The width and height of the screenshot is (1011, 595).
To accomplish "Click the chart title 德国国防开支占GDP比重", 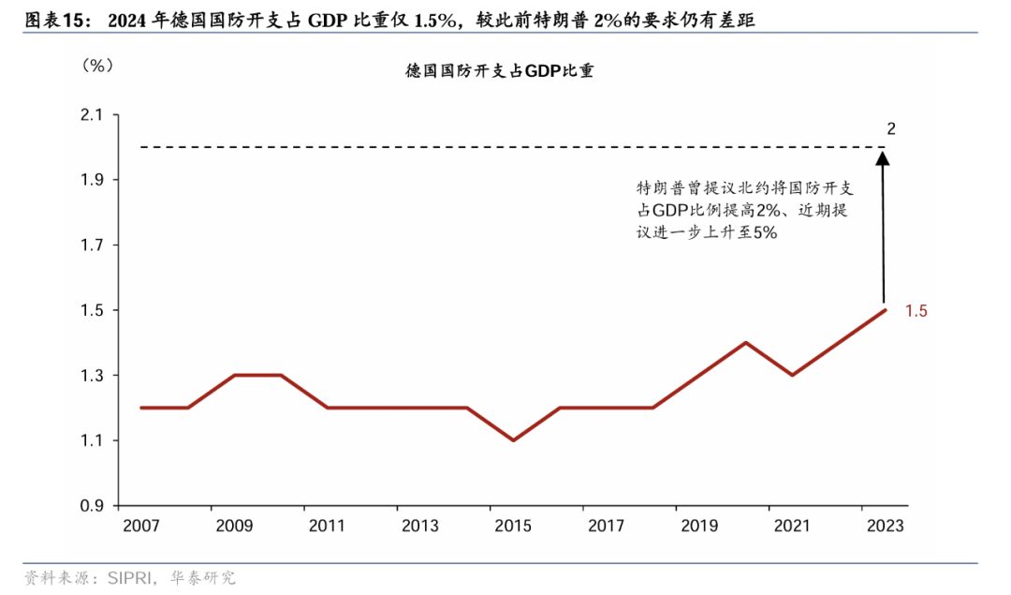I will pyautogui.click(x=499, y=70).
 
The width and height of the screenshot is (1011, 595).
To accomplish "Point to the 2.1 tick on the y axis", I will pyautogui.click(x=92, y=115).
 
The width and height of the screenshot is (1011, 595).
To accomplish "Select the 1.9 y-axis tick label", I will pyautogui.click(x=92, y=180).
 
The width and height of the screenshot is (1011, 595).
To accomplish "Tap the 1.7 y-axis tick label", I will pyautogui.click(x=92, y=245).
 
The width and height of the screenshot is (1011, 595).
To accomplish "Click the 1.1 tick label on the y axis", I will pyautogui.click(x=92, y=440).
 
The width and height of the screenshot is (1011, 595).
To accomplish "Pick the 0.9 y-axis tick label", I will pyautogui.click(x=92, y=506).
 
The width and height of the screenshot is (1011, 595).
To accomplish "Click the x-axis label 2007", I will pyautogui.click(x=141, y=527).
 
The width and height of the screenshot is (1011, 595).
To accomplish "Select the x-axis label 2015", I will pyautogui.click(x=513, y=527).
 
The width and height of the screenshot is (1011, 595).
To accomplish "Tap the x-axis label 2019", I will pyautogui.click(x=699, y=527).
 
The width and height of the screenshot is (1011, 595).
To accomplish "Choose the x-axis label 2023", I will pyautogui.click(x=885, y=527).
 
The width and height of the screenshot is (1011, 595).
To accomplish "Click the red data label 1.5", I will pyautogui.click(x=916, y=311).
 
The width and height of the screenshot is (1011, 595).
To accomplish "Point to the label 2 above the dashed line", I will pyautogui.click(x=890, y=128).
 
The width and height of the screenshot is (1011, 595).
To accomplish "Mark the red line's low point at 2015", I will pyautogui.click(x=513, y=440).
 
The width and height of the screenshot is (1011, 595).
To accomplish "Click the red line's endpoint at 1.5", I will pyautogui.click(x=885, y=310).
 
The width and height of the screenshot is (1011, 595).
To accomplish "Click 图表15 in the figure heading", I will pyautogui.click(x=55, y=18).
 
